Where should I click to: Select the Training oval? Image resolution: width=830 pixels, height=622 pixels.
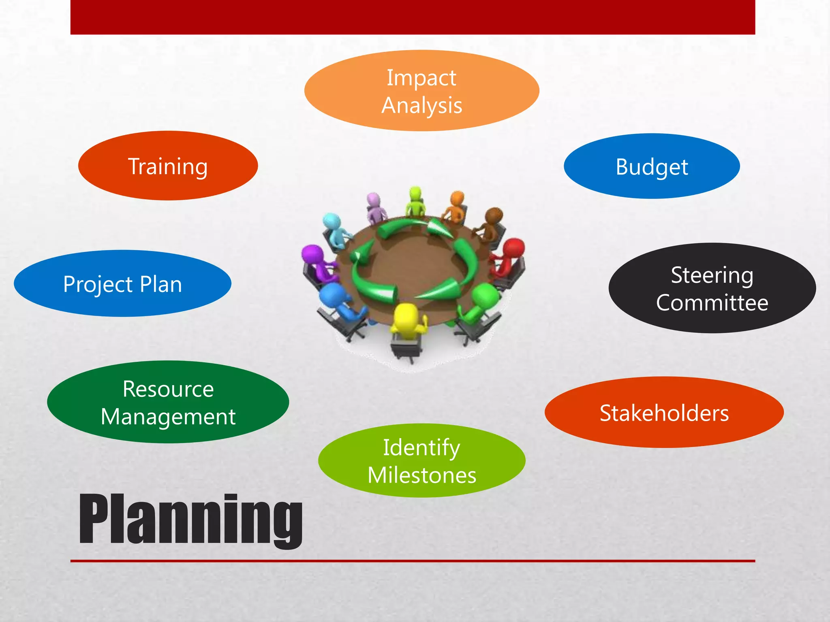(168, 166)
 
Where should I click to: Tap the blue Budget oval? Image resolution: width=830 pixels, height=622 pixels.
(652, 166)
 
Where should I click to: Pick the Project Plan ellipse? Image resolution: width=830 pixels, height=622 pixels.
(122, 284)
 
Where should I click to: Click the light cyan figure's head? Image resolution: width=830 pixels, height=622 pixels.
(332, 222)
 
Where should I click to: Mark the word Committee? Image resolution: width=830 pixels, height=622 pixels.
(712, 303)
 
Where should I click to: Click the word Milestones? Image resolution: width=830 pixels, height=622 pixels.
(421, 475)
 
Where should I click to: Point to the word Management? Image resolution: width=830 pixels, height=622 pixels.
(168, 417)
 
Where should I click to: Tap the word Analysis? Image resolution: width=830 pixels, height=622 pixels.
(421, 106)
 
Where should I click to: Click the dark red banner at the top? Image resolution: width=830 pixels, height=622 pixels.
(413, 17)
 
